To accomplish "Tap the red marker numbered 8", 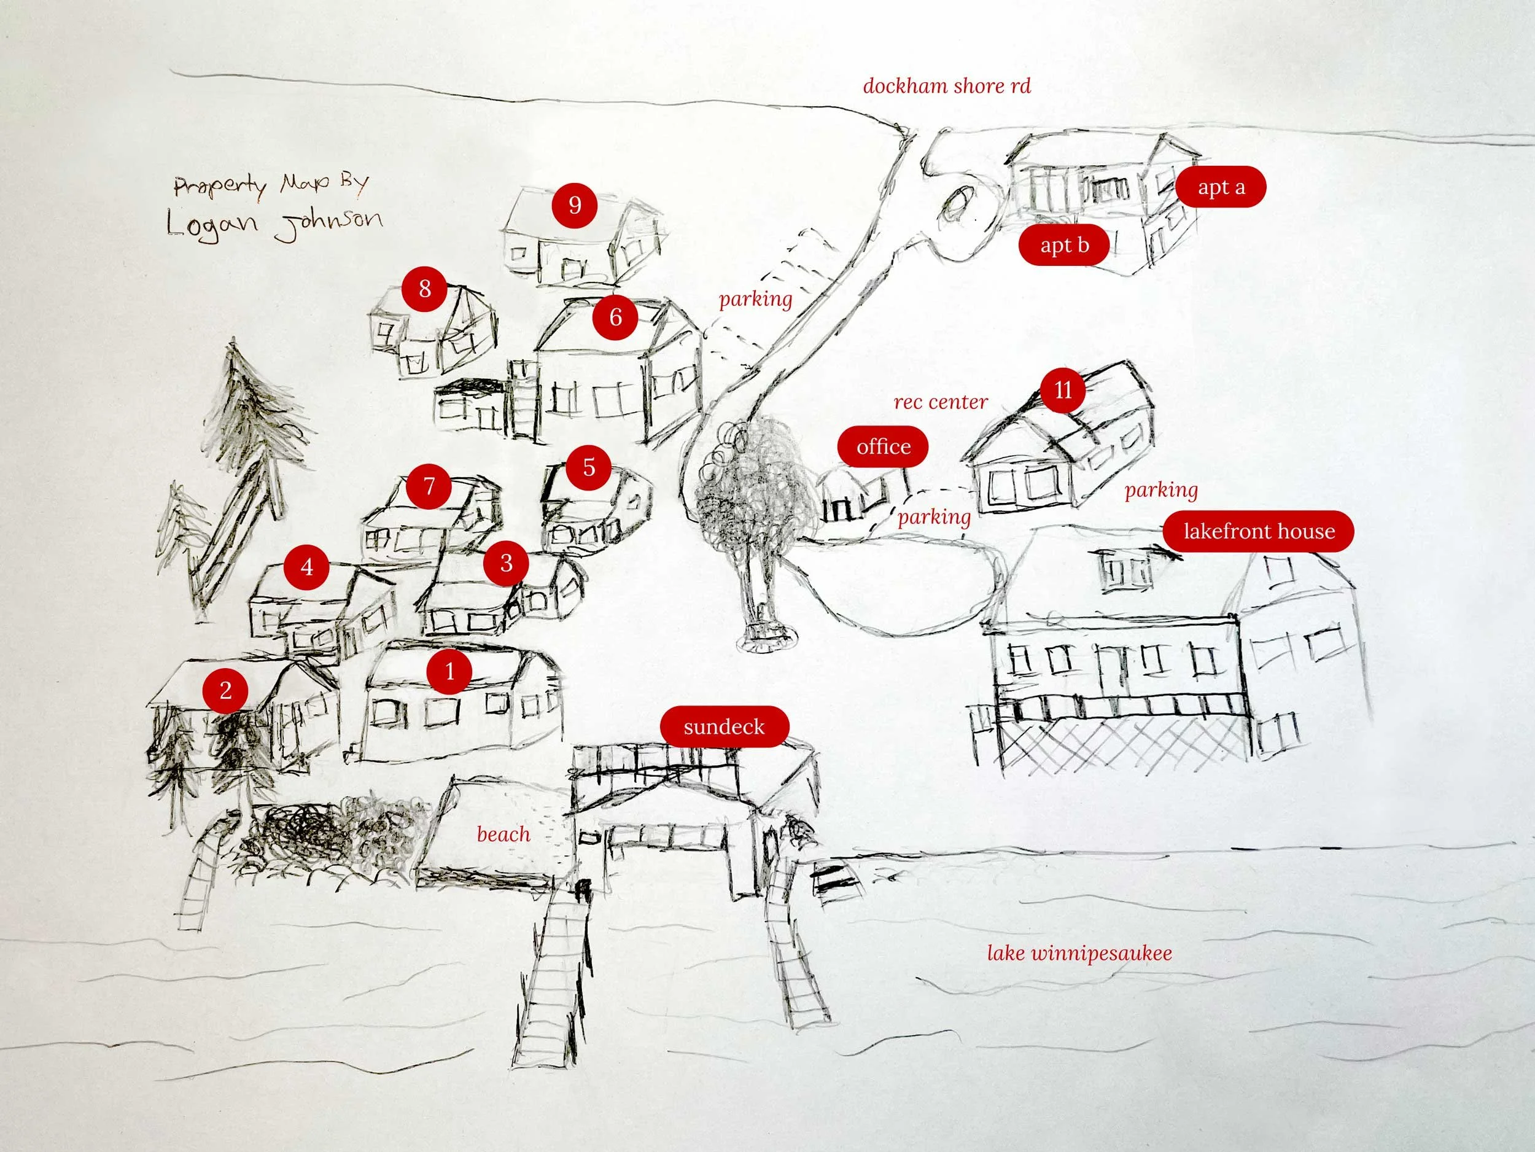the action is tap(425, 289).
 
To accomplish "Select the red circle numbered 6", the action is tap(615, 317).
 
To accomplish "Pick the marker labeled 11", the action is tap(1063, 390).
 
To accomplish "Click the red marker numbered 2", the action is tap(225, 690).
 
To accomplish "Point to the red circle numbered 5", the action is tap(588, 467).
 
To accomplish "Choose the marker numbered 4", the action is tap(307, 567).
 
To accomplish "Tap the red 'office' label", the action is tap(884, 446).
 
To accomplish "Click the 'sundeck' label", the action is tap(724, 726).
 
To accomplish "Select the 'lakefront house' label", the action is tap(1259, 531).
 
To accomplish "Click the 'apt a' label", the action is tap(1221, 187).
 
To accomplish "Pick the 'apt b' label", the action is tap(1064, 245).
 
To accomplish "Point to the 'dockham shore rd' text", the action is tap(947, 86).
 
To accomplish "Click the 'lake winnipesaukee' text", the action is tap(1079, 953).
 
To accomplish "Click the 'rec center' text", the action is tap(940, 402).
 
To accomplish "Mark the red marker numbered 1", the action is tap(449, 671).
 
